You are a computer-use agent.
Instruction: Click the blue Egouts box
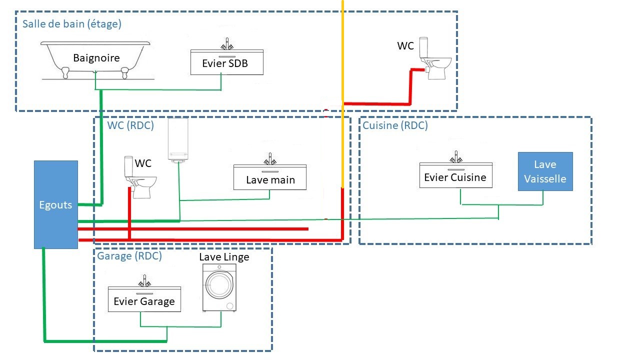(55, 204)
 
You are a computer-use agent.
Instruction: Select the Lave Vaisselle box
(545, 171)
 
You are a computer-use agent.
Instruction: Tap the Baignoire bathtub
(96, 59)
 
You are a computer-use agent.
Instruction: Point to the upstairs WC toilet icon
(434, 59)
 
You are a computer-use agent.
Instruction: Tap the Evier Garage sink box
(144, 299)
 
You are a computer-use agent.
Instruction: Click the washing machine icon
(219, 288)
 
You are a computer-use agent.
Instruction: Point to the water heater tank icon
(178, 140)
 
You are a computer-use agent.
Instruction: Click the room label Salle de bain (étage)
(72, 23)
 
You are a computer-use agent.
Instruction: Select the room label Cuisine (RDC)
(395, 125)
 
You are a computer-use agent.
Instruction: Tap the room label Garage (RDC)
(129, 256)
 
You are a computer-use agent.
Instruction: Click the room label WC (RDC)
(130, 125)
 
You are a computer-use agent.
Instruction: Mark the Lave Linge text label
(224, 257)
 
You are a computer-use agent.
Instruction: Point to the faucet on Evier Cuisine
(455, 157)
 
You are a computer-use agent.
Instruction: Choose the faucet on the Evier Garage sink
(144, 281)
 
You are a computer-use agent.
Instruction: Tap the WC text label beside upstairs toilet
(405, 46)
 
